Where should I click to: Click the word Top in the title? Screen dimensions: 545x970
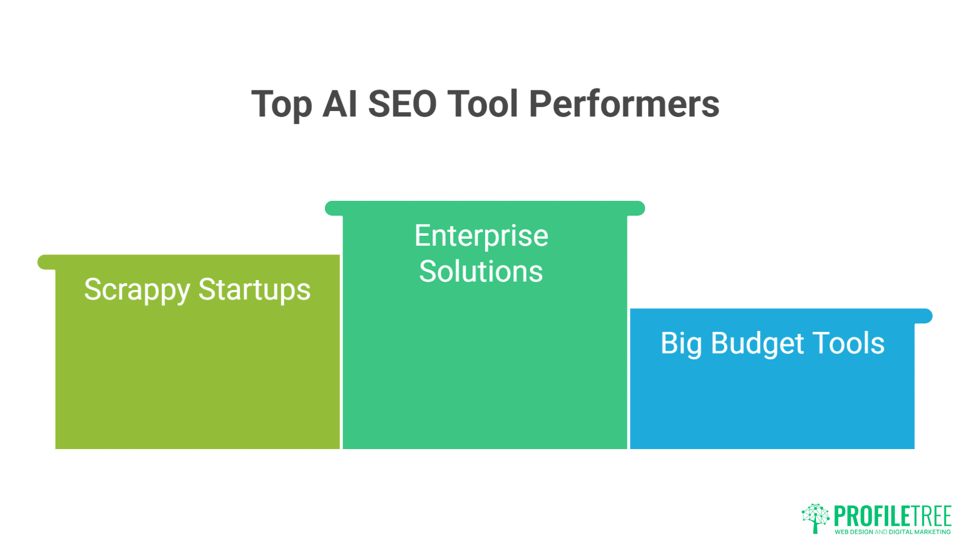(281, 104)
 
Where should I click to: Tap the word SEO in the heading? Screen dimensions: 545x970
(402, 104)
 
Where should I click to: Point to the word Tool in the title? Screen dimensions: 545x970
(482, 104)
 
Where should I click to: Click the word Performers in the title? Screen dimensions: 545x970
(624, 104)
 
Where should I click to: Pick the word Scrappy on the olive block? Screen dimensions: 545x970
(137, 290)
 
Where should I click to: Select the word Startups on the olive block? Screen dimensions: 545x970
(254, 290)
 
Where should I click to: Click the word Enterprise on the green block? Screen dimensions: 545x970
(481, 236)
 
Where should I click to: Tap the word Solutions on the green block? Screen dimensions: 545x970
(481, 271)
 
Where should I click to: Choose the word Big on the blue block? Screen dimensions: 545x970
(681, 344)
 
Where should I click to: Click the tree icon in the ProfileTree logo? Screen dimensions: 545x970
(815, 518)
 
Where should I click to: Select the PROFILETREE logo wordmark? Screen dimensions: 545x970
(893, 516)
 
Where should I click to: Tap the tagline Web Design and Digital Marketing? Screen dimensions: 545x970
(893, 532)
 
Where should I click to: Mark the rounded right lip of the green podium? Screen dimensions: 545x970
(637, 208)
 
